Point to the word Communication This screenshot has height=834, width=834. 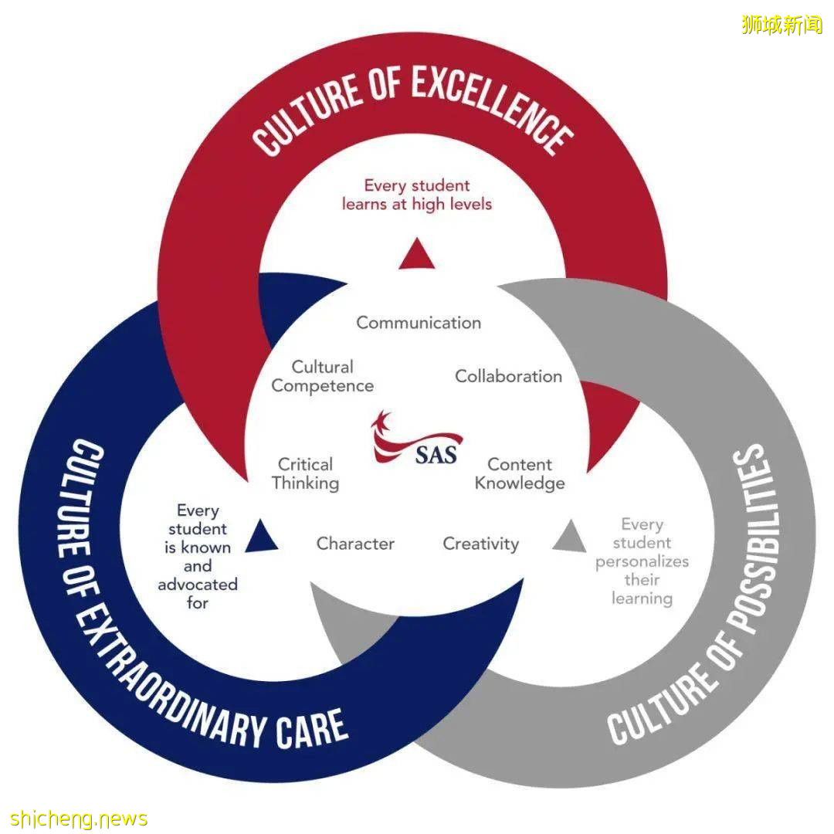pos(419,323)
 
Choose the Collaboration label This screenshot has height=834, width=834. pos(508,376)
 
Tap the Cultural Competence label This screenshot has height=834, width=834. pos(323,376)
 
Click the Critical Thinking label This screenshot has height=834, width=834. pos(305,473)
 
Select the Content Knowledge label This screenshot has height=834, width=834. pos(520,473)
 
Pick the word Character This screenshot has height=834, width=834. pos(355,544)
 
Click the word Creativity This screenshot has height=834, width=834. pos(480,544)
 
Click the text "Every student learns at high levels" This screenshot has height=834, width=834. pos(417,195)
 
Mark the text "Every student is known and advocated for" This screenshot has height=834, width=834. pos(198,556)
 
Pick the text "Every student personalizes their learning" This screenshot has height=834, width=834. pos(642,561)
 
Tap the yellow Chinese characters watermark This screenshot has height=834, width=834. pos(781,25)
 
